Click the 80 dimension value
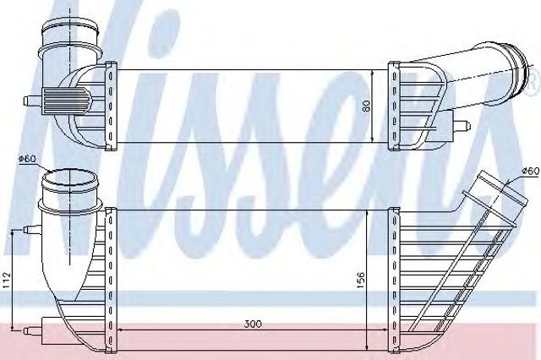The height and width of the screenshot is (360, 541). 366,105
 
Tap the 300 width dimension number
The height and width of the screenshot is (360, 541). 253,325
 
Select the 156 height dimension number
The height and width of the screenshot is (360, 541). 361,280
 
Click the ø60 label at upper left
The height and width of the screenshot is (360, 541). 27,159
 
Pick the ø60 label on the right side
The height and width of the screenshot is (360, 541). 530,171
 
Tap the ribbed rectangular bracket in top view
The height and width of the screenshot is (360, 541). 67,101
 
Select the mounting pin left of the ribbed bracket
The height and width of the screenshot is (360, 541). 32,101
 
